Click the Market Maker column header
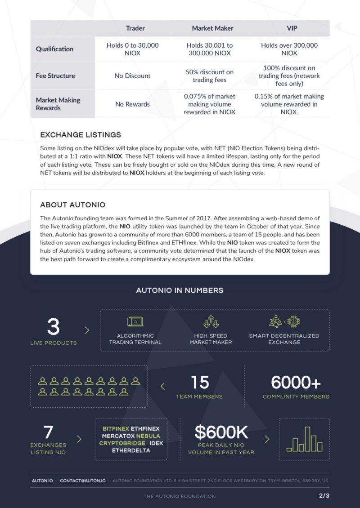click(212, 28)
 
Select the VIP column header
click(292, 28)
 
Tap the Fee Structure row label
click(55, 76)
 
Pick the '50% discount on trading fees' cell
click(209, 76)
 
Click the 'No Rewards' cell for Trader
click(132, 104)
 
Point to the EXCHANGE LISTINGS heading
click(81, 135)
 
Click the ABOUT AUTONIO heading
click(72, 205)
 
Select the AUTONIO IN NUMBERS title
click(180, 290)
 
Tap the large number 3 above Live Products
click(53, 327)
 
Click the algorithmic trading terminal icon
click(135, 322)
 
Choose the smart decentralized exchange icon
click(284, 322)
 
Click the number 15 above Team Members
click(200, 383)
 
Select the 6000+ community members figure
click(296, 383)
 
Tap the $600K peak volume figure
click(221, 432)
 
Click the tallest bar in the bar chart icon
click(308, 439)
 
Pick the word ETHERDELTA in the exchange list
click(131, 450)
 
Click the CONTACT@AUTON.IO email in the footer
click(83, 481)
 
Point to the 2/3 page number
click(324, 496)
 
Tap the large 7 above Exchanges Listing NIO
click(48, 432)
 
